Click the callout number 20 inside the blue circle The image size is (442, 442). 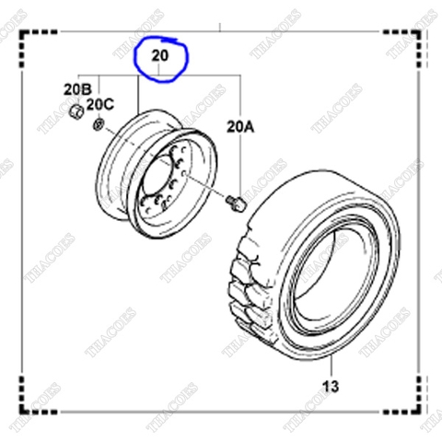[160, 56]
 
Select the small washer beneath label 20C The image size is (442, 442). [99, 124]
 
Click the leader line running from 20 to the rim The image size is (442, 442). [138, 97]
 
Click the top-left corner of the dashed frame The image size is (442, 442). [25, 34]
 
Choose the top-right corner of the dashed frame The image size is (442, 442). [424, 34]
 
